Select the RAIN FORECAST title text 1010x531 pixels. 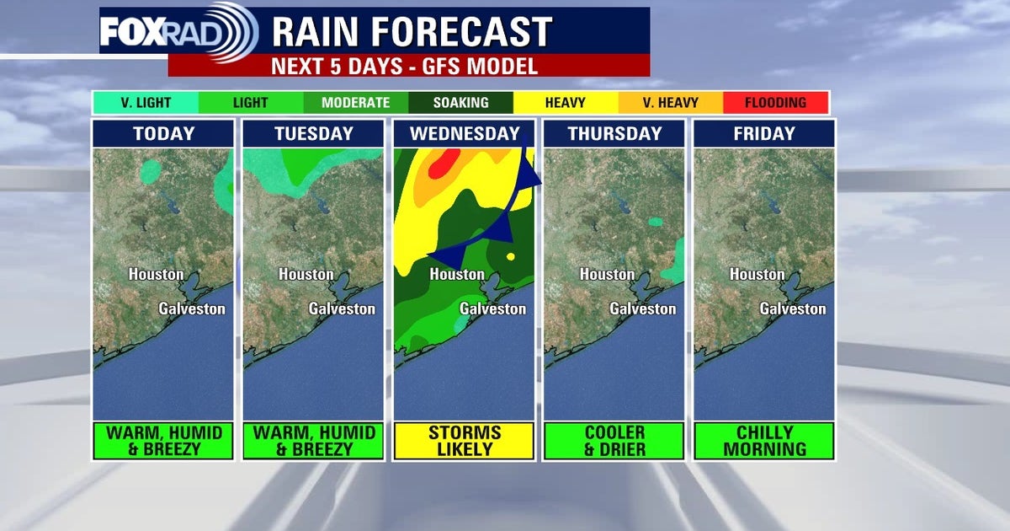pos(412,32)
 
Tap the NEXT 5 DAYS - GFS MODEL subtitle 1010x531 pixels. pos(408,66)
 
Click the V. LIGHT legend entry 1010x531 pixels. pos(145,103)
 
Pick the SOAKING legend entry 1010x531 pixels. pos(460,103)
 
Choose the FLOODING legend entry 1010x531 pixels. pos(775,103)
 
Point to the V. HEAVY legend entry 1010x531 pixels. pos(670,103)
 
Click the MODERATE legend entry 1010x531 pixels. pos(355,103)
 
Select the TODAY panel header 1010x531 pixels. pos(162,133)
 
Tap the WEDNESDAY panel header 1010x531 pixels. pos(464,133)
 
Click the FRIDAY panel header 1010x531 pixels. pos(763,133)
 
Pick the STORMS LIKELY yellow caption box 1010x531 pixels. pos(464,441)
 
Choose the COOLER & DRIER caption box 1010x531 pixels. pos(614,441)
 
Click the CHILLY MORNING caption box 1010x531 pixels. pos(763,441)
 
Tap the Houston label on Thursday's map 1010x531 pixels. pos(607,275)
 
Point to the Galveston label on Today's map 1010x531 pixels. pos(192,308)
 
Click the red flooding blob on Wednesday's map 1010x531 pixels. pos(444,164)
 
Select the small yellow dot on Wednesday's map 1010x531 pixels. pos(510,256)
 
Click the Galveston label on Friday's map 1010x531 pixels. pos(793,308)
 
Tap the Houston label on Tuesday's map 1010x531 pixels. pos(306,275)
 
